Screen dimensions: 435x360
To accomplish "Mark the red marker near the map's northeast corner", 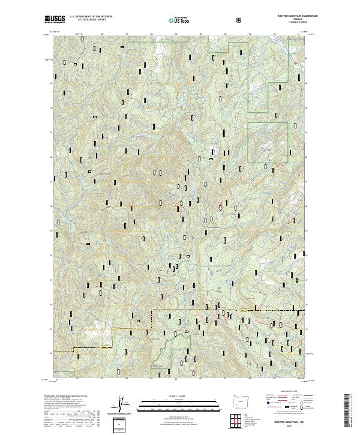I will tap(295, 62).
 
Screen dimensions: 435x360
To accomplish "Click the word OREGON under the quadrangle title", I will tap(298, 19).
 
